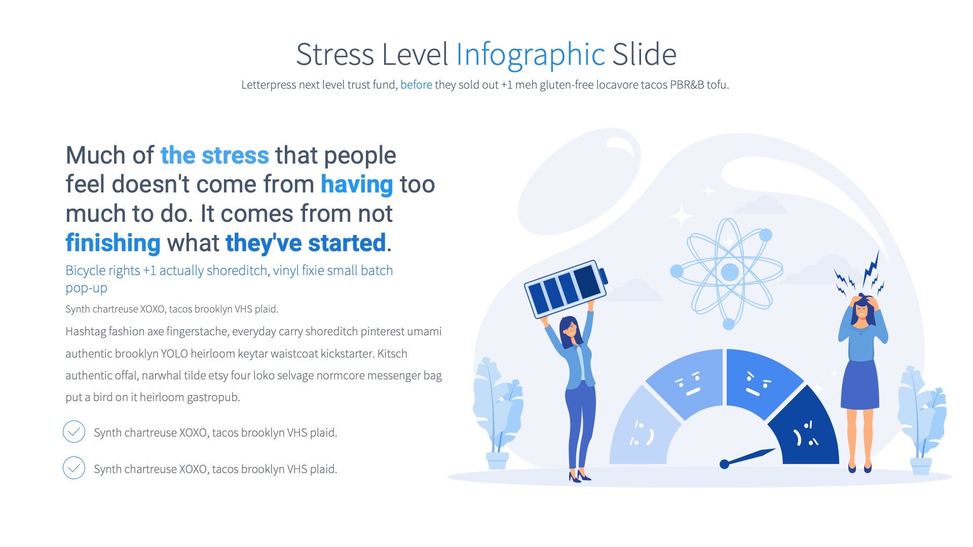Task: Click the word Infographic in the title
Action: pos(531,55)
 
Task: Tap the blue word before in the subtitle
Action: pos(416,85)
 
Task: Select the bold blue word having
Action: pos(357,184)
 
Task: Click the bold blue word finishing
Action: pos(113,243)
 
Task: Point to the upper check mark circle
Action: pos(74,432)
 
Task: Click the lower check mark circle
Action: pos(74,468)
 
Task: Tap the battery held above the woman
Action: pos(566,289)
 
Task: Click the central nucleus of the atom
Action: pos(730,272)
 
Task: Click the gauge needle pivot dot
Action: pos(725,464)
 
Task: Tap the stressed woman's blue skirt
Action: pos(860,385)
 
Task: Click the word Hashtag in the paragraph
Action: pos(85,332)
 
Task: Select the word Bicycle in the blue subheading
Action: pos(85,270)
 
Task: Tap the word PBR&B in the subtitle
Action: pos(687,85)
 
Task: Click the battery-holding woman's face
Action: pos(571,331)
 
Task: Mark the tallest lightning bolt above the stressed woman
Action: pos(872,268)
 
